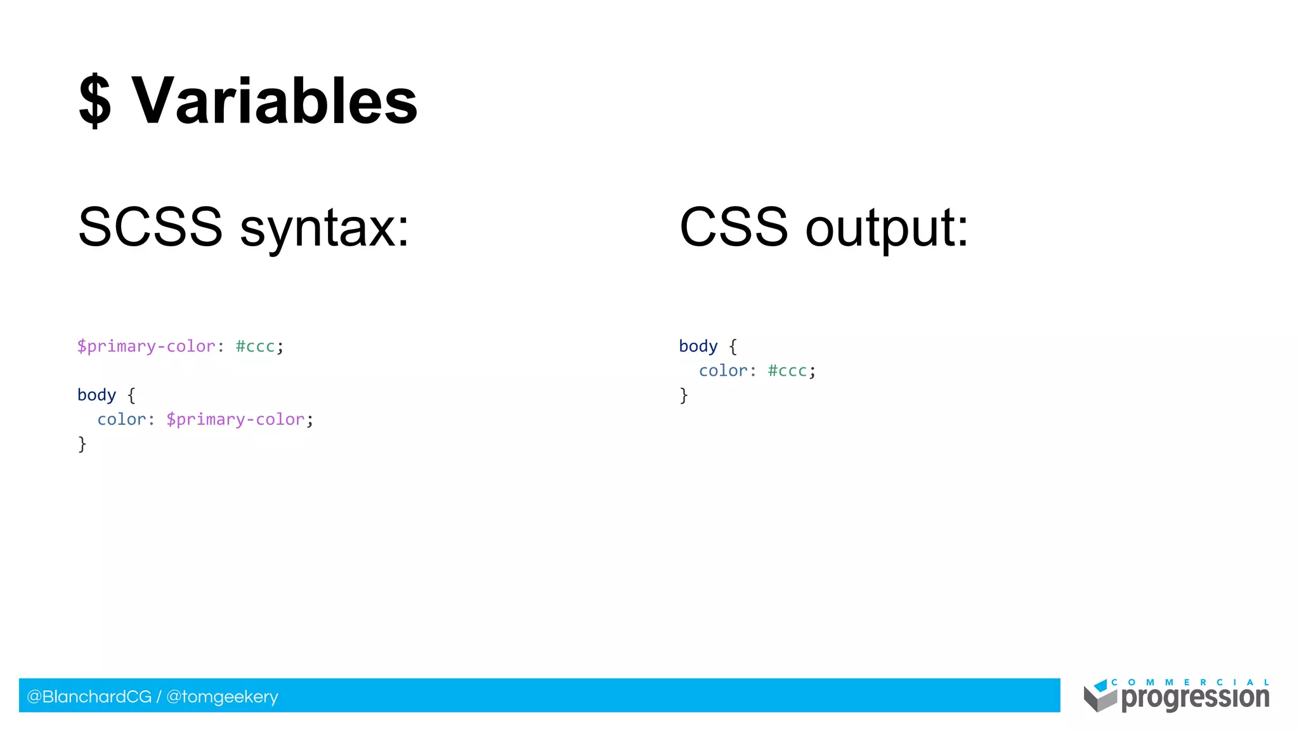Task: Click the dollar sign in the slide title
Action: [x=95, y=102]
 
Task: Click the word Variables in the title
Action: [x=274, y=102]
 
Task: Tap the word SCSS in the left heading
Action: [x=150, y=227]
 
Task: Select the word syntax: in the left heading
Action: [x=325, y=230]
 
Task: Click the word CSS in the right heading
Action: [x=733, y=227]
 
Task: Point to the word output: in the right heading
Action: [x=887, y=230]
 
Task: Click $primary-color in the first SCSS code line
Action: [x=146, y=346]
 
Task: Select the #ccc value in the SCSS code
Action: [x=255, y=346]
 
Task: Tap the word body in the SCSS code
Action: [x=96, y=395]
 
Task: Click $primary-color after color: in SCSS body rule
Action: [x=235, y=419]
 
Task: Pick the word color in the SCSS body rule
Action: [x=121, y=419]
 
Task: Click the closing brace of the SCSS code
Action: [x=82, y=444]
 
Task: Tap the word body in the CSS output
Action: [x=698, y=346]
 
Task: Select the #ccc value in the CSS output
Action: [x=787, y=371]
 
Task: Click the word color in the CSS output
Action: [x=723, y=371]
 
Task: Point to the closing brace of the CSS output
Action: [x=684, y=395]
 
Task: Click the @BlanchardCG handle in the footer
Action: [x=89, y=697]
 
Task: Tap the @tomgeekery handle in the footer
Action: [x=222, y=697]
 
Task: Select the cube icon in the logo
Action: [x=1099, y=696]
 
